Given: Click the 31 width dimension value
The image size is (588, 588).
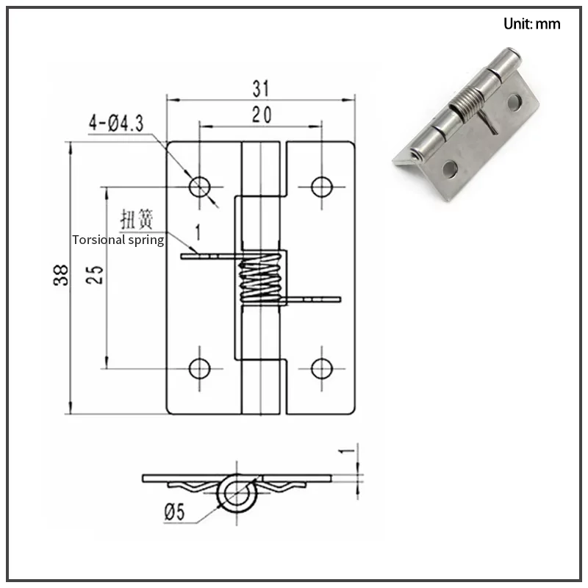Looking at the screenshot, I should point(261,89).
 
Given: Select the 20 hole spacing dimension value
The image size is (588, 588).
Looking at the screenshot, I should point(261,115).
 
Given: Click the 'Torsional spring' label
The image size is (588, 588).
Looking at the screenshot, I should point(118,240).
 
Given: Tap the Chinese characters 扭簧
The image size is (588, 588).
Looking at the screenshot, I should point(136,218).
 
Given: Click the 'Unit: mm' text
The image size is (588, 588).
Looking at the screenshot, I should point(531,24).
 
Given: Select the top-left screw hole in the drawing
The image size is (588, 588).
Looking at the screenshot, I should point(200,186).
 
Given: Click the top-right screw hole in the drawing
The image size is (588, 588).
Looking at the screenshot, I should point(321,186).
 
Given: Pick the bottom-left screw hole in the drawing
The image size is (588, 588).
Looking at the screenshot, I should point(200,367).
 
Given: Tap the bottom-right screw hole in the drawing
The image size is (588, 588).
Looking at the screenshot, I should point(321,367).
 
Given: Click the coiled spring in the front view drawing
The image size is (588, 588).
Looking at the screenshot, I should point(259,281).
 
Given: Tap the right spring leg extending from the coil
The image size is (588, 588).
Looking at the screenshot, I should point(316,299).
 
